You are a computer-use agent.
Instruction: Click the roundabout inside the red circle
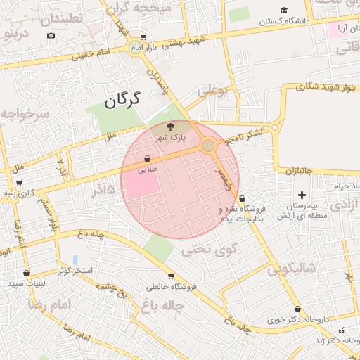click(208, 146)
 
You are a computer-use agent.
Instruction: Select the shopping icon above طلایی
click(147, 159)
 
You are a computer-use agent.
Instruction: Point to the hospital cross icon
click(302, 194)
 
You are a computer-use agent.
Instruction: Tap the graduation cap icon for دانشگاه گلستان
click(284, 11)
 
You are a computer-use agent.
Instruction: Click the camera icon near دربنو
click(51, 35)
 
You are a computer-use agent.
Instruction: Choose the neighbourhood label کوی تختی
click(210, 249)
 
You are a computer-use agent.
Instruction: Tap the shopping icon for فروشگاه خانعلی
click(171, 276)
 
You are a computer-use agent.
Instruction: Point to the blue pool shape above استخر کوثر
click(75, 260)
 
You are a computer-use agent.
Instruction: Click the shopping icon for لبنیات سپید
click(26, 273)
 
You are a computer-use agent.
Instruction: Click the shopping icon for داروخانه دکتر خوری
click(297, 309)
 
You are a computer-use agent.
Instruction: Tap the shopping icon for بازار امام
click(143, 38)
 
